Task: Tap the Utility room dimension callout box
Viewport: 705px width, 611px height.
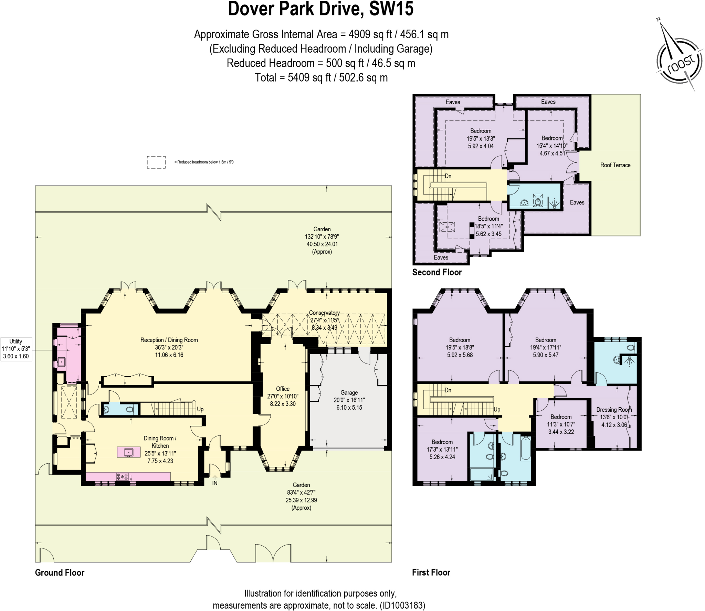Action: point(16,349)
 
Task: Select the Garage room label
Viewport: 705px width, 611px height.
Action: point(349,392)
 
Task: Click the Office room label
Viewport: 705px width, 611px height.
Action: point(283,389)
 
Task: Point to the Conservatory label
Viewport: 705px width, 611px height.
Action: point(324,313)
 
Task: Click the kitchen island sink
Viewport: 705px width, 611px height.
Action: point(128,452)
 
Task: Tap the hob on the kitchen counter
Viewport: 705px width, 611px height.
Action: point(122,477)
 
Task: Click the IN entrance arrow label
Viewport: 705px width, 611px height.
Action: point(215,483)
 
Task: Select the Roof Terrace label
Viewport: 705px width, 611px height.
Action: point(615,165)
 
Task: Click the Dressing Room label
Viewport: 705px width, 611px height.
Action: point(614,409)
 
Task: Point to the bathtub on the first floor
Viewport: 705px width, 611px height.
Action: point(526,449)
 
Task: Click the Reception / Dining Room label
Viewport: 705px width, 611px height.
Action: point(169,340)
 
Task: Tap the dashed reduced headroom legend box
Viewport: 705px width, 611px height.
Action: point(156,162)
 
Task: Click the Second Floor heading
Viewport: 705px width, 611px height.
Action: point(437,272)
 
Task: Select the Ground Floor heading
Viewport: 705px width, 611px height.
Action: point(60,572)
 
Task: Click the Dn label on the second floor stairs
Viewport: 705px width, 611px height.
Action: point(448,176)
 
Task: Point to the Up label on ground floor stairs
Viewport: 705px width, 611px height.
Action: point(200,409)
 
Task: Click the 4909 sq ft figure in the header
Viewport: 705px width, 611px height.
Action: point(370,34)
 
